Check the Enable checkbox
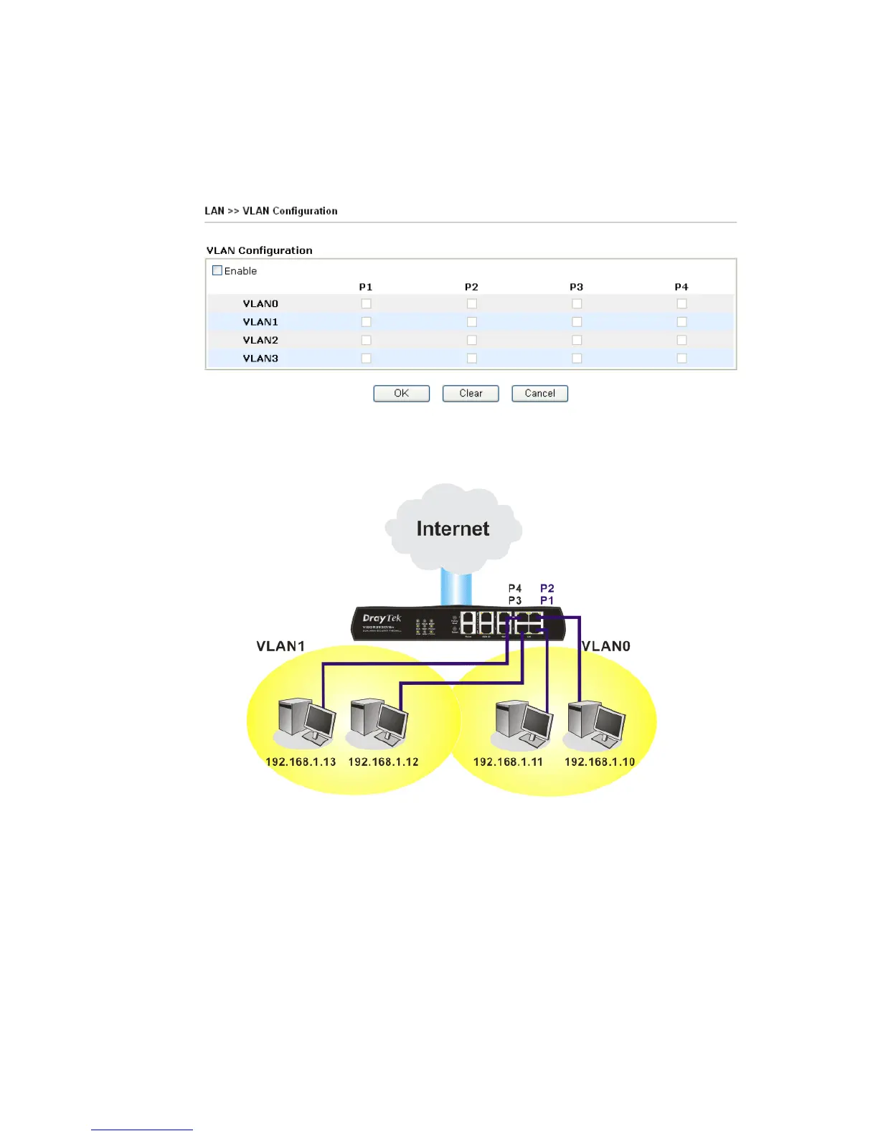click(217, 270)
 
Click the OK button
click(401, 393)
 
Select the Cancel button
click(539, 393)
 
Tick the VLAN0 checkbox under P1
click(366, 303)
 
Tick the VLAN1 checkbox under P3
click(577, 322)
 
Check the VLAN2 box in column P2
click(471, 340)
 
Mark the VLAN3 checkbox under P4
click(681, 358)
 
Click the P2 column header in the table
click(471, 287)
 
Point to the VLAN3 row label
click(260, 358)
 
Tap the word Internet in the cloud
click(453, 529)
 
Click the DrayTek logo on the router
click(382, 618)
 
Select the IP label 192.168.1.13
click(301, 762)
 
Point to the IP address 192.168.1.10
click(600, 762)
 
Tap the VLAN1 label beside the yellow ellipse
click(280, 646)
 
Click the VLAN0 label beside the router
click(606, 646)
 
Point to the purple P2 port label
click(547, 588)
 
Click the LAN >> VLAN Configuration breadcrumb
click(271, 211)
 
